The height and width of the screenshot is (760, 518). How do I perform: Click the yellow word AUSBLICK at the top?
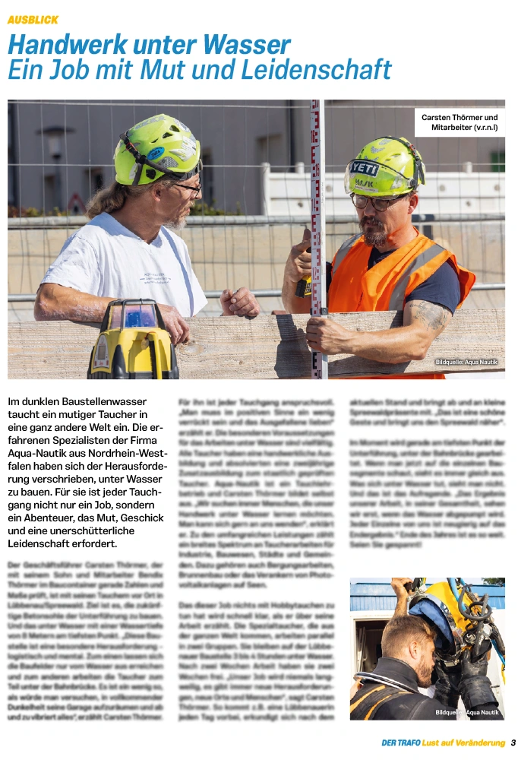33,19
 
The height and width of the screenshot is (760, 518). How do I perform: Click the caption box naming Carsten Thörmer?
460,122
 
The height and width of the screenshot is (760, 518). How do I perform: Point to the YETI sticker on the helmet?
365,168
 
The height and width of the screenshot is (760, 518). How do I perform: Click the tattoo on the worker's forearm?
431,315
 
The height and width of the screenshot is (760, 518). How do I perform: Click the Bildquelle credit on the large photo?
466,362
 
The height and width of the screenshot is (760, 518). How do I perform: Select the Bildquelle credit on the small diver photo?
467,712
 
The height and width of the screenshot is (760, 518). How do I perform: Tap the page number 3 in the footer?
513,743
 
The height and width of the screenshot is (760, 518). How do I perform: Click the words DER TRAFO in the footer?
401,743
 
